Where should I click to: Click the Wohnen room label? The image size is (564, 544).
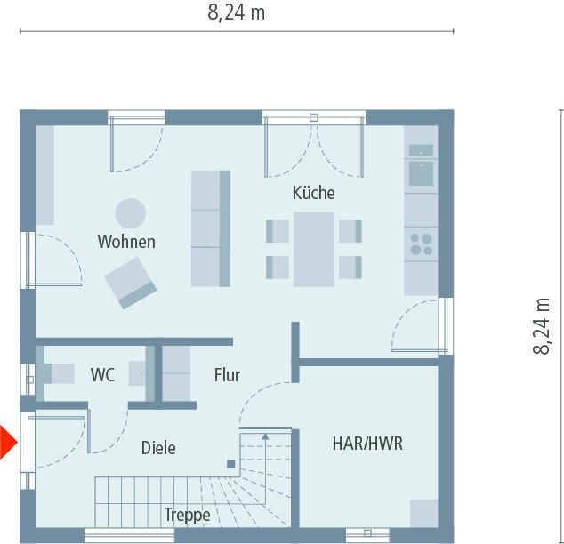pos(126,242)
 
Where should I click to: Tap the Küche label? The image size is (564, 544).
pos(313,193)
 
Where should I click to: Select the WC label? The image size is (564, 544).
pos(102,375)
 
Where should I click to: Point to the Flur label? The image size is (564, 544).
pos(227,375)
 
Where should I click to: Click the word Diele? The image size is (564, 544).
pos(158,448)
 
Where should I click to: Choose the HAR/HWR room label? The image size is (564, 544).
pos(367,443)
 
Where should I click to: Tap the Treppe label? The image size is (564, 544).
pos(187,515)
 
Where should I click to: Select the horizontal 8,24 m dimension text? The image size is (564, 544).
pos(236,12)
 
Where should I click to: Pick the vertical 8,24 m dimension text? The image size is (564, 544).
pos(542,326)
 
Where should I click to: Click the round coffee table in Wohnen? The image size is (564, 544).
pos(130,212)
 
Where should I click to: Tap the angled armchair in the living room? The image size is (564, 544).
pos(130,282)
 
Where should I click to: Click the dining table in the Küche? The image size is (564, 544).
pos(314,249)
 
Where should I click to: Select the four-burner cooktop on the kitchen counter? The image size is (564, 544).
pos(420,244)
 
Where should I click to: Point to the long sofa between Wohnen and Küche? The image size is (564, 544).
pos(211,228)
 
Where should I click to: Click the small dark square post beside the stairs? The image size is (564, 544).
pos(230,463)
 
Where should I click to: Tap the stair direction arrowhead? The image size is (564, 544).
pos(264,436)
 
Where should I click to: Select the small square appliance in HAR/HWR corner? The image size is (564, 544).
pos(423,513)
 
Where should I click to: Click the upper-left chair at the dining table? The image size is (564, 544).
pos(278,231)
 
